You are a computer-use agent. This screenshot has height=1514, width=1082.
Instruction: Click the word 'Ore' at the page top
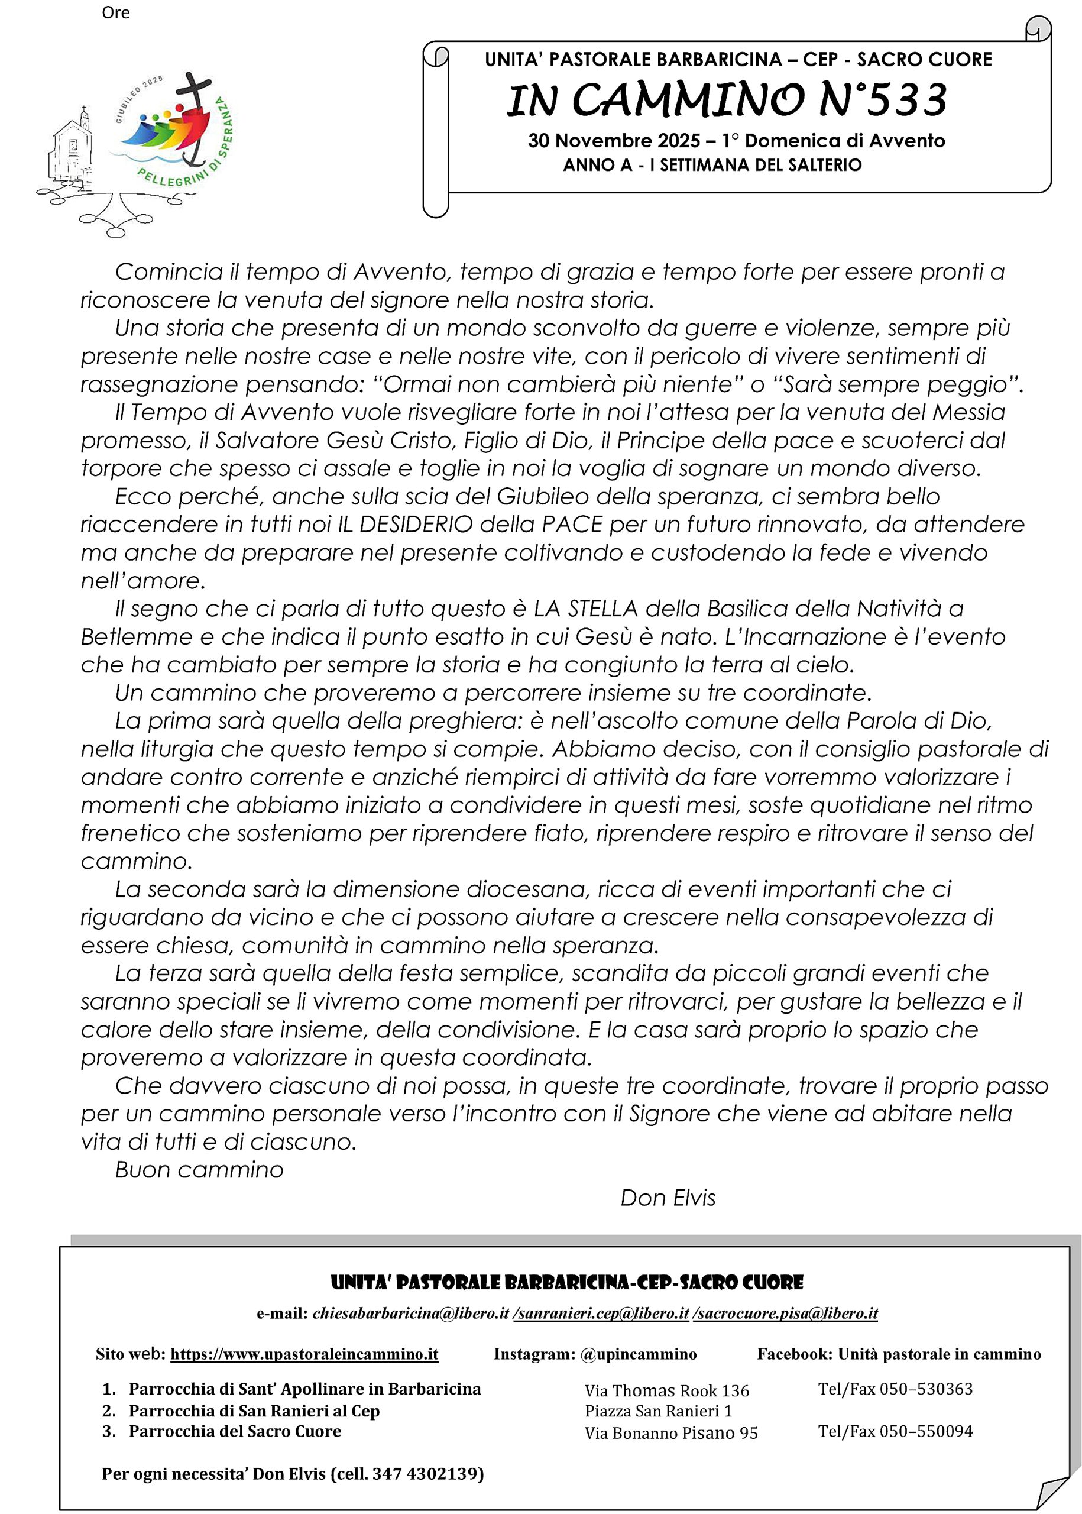(115, 12)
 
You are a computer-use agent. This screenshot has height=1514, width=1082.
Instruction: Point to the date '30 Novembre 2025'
(614, 141)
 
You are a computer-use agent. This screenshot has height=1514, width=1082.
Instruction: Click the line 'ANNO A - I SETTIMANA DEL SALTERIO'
(712, 164)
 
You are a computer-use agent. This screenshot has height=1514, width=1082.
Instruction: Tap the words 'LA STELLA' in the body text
(587, 609)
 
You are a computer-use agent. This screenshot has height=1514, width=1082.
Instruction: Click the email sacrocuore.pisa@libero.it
(786, 1314)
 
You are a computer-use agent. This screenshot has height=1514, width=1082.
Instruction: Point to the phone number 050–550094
(926, 1431)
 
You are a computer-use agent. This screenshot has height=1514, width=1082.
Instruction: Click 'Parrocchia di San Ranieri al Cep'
(254, 1411)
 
